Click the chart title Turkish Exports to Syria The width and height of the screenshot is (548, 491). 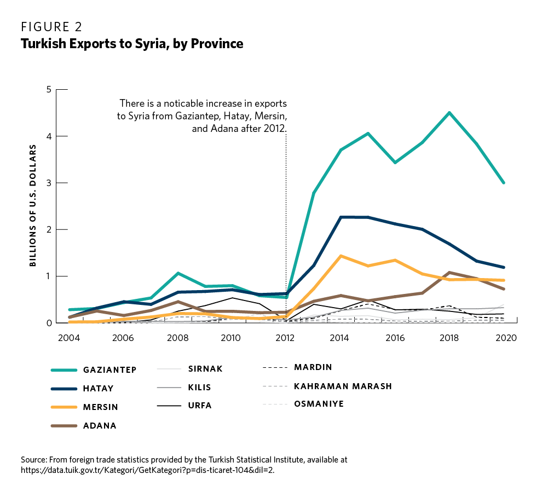[132, 44]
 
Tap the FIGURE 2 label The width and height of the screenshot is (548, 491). [52, 26]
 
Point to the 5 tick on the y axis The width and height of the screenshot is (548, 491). [49, 89]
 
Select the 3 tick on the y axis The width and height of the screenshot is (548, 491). [49, 183]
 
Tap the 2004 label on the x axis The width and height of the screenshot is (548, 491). [68, 337]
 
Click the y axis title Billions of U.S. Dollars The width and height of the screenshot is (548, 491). [33, 205]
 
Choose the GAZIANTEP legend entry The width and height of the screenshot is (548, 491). [109, 369]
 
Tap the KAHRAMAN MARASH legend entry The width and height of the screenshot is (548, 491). [343, 386]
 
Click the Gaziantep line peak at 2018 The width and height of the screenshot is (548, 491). [449, 113]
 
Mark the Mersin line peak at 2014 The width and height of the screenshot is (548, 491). [341, 256]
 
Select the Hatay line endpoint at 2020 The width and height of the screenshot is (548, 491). [503, 267]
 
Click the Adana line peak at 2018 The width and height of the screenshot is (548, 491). [449, 273]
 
